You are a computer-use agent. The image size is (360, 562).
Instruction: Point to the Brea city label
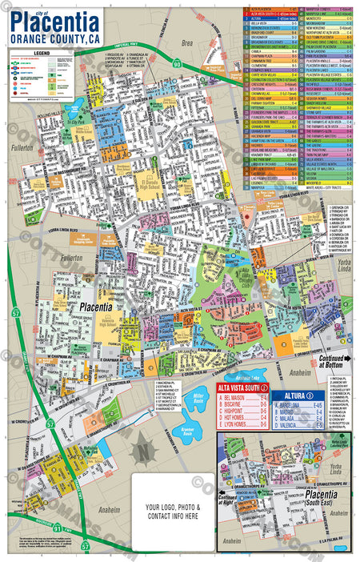pos(186,39)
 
